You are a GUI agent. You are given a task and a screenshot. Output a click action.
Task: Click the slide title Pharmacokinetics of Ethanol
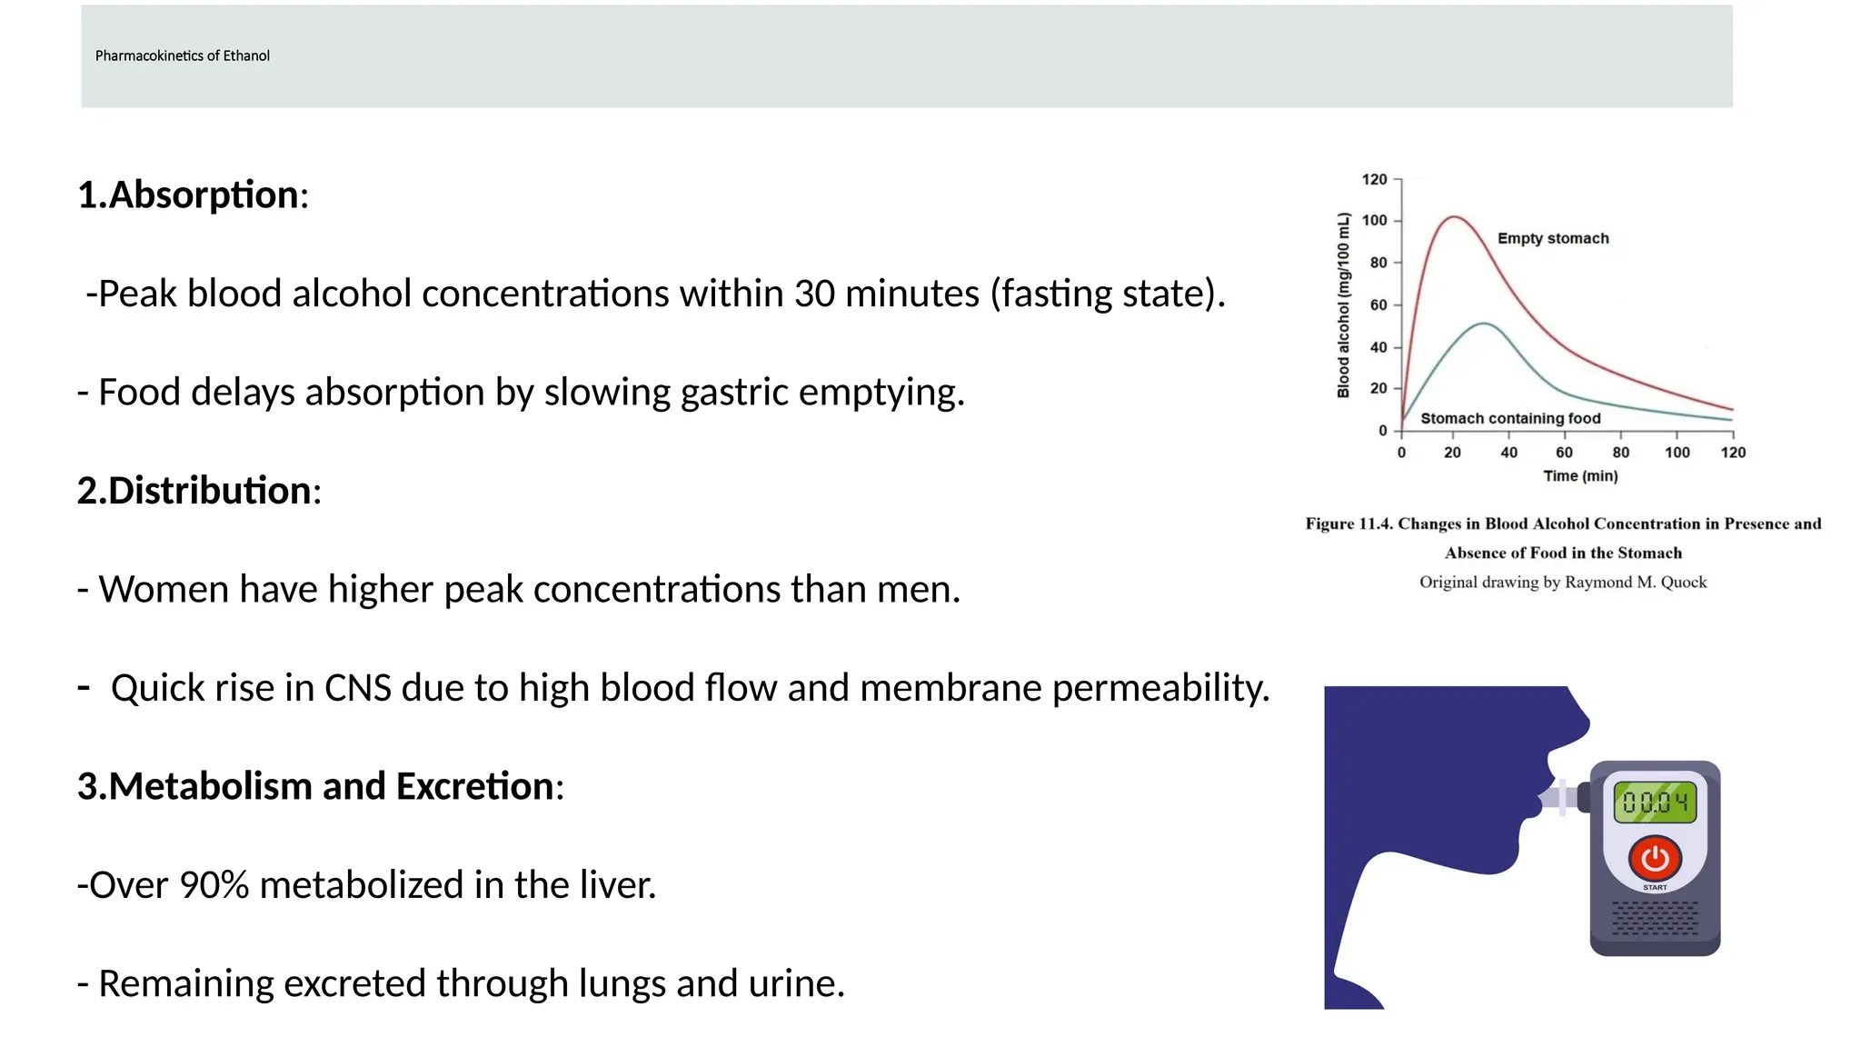(182, 55)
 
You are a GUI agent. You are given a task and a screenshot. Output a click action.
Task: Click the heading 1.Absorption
(193, 195)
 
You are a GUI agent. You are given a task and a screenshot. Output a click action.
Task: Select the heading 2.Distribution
(199, 491)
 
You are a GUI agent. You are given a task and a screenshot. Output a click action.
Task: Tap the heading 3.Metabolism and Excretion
(320, 786)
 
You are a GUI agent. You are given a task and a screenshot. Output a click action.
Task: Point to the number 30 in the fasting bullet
(813, 294)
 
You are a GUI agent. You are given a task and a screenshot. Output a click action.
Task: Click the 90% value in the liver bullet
(214, 885)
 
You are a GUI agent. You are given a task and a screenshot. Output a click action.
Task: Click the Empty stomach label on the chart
(1553, 238)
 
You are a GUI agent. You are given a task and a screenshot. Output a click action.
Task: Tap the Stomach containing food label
(1510, 418)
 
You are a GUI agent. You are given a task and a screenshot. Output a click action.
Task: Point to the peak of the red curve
(1455, 217)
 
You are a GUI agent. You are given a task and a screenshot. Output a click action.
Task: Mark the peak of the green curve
(1483, 323)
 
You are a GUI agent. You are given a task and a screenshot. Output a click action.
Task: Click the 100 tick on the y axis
(1374, 221)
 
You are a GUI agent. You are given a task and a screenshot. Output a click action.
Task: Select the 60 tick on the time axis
(1564, 453)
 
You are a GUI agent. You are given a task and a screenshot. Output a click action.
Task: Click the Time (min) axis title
(1580, 476)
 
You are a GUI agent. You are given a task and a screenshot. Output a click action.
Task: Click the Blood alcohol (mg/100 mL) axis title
(1343, 305)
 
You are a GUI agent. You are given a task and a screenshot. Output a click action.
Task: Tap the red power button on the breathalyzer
(1655, 857)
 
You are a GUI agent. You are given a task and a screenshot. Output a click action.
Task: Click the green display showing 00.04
(1655, 802)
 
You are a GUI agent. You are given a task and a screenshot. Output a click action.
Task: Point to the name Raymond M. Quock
(1635, 583)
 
